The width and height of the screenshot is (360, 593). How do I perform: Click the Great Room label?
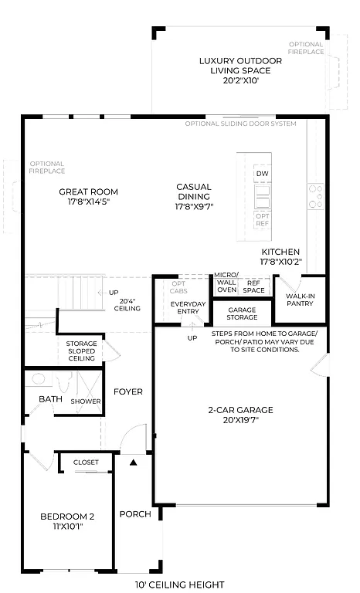(89, 196)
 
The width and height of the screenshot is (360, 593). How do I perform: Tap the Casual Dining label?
(194, 196)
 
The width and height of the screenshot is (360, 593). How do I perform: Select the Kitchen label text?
(280, 257)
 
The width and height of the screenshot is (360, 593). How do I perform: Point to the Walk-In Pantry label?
(298, 300)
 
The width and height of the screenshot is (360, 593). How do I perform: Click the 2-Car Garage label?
(239, 415)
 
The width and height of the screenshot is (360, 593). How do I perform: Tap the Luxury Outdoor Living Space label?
(240, 70)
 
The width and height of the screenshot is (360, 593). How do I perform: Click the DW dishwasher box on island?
(262, 174)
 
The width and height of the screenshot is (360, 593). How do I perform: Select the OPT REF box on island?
(263, 219)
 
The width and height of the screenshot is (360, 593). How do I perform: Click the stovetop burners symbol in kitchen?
(315, 196)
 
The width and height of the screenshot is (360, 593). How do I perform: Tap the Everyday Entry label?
(188, 307)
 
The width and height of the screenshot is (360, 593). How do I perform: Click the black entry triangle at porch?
(133, 463)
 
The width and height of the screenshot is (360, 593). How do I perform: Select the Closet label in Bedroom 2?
(86, 462)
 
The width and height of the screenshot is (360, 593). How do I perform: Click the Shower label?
(86, 401)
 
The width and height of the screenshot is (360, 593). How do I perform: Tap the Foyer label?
(128, 391)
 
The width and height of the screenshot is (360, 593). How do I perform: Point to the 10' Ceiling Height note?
(180, 585)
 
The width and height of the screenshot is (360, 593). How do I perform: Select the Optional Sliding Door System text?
(240, 124)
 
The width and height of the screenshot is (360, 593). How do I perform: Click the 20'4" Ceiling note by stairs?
(129, 305)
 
